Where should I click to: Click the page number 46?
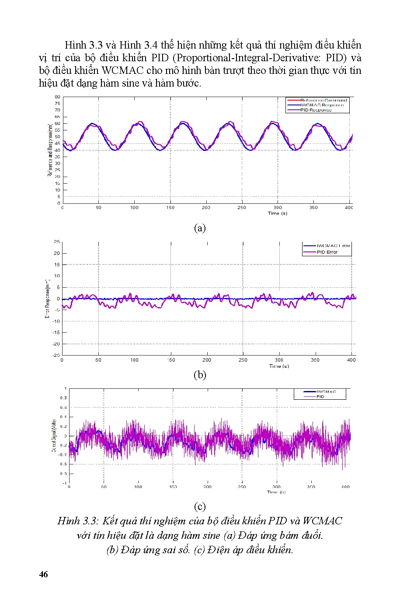tap(43, 574)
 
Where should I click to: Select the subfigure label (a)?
tap(200, 228)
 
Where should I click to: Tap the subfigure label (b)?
tap(200, 375)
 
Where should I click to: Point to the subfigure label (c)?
tap(200, 506)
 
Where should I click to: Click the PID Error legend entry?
tap(327, 252)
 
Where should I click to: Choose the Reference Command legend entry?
tap(323, 100)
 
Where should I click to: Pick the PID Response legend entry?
tap(316, 110)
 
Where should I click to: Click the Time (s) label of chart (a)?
tap(278, 213)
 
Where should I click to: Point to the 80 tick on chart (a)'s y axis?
tap(57, 97)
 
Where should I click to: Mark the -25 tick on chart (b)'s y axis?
tap(56, 355)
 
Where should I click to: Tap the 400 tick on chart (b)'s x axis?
tap(351, 360)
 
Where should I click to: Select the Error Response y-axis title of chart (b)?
tap(49, 299)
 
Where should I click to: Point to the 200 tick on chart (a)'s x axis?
tap(206, 208)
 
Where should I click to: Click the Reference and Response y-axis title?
tap(50, 150)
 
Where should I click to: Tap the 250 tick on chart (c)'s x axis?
tap(242, 487)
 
